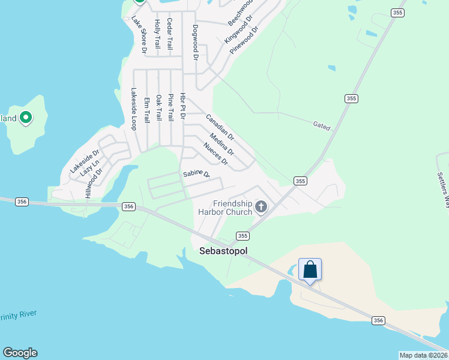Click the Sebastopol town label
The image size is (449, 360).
coord(223,251)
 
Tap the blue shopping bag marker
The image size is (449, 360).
coord(310,269)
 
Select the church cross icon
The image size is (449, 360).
coord(261,207)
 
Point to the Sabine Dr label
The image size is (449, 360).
coord(196,175)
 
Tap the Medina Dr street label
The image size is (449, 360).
coord(222,144)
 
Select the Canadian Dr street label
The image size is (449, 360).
coord(220,128)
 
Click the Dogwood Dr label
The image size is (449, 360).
coord(195,43)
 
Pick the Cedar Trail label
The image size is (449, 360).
coord(170,34)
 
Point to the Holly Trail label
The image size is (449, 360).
coord(158,34)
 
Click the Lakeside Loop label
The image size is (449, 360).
coord(134,109)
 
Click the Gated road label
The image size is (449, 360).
coord(322,126)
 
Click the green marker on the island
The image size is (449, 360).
coord(26,118)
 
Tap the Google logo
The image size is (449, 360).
coord(20,353)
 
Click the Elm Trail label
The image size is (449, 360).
coord(146,110)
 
